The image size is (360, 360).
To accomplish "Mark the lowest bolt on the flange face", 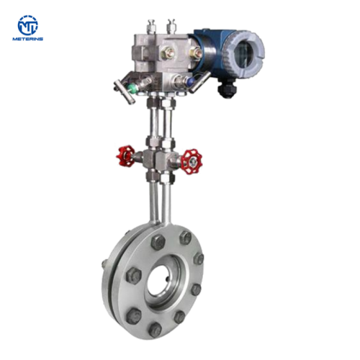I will click(155, 328).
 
